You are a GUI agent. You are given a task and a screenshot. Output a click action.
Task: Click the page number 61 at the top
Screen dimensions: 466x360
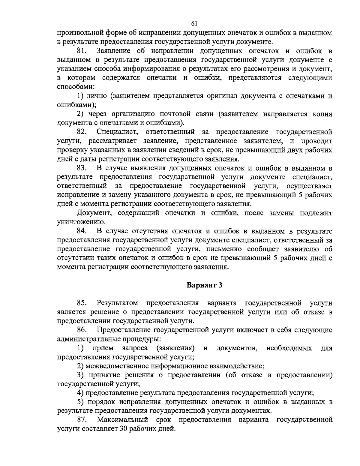pos(193,24)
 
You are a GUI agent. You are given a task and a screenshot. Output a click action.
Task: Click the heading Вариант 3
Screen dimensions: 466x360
pos(204,285)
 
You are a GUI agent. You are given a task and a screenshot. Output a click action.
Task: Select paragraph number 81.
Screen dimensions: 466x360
pos(82,51)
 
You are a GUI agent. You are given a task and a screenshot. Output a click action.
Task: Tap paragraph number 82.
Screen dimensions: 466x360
pos(82,131)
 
